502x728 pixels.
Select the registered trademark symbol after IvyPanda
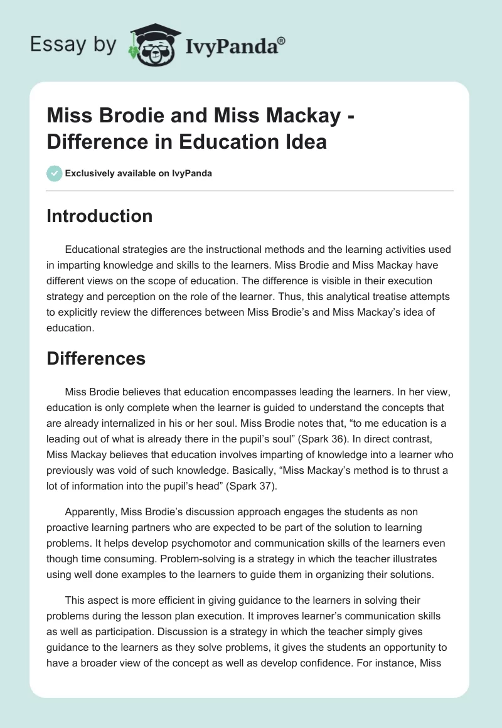(x=282, y=40)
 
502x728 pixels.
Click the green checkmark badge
(x=54, y=173)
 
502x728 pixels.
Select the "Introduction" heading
(x=99, y=216)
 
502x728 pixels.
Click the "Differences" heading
(x=96, y=358)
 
